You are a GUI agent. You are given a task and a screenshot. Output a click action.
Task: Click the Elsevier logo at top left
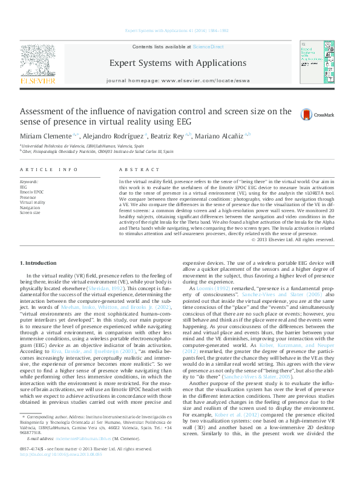pos(38,63)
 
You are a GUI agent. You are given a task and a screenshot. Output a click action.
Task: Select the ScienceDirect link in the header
pos(208,47)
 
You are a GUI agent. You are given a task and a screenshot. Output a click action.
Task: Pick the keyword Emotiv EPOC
pos(31,192)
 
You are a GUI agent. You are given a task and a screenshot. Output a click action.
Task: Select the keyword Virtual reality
pos(33,202)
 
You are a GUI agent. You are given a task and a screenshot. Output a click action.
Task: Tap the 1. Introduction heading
pos(39,263)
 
